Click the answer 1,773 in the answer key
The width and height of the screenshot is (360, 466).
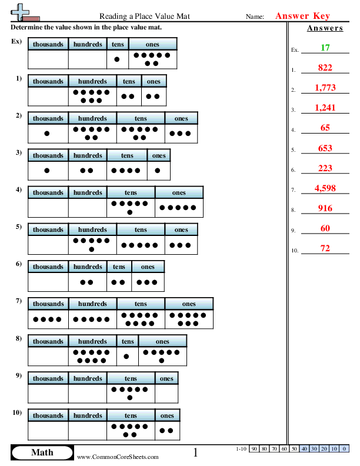point(325,88)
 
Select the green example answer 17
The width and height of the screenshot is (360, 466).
point(325,48)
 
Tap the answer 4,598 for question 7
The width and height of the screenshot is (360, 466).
point(325,188)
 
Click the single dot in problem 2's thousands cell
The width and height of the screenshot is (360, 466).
point(47,134)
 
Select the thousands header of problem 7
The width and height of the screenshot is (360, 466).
point(48,304)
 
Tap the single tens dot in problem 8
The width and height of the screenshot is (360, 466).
point(126,356)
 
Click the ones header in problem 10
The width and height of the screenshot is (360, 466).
point(167,415)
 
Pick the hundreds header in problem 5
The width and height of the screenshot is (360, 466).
point(92,229)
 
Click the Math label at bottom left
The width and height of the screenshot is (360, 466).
point(42,452)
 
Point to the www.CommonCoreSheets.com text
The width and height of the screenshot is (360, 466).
point(118,457)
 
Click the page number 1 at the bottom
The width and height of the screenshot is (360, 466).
point(196,452)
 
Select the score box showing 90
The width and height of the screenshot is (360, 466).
point(254,449)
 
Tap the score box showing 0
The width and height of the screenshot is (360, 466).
point(343,449)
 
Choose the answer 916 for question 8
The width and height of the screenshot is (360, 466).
point(325,208)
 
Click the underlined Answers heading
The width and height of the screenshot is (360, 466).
point(325,28)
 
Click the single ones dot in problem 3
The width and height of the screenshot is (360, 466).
point(158,171)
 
